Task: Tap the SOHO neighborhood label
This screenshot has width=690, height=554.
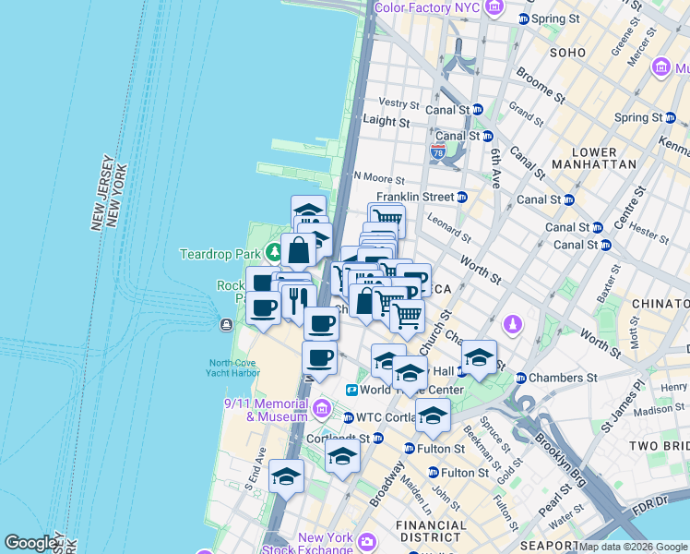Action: click(x=567, y=53)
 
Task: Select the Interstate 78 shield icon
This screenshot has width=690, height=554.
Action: click(x=438, y=151)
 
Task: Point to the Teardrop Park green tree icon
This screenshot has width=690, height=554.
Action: click(x=273, y=252)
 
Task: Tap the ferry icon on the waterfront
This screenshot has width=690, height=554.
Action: click(x=226, y=324)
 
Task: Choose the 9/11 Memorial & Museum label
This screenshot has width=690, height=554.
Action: click(x=266, y=409)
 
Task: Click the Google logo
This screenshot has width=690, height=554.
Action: click(x=31, y=543)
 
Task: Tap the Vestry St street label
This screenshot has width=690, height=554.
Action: click(x=399, y=103)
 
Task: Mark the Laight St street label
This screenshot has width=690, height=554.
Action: click(x=386, y=121)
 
